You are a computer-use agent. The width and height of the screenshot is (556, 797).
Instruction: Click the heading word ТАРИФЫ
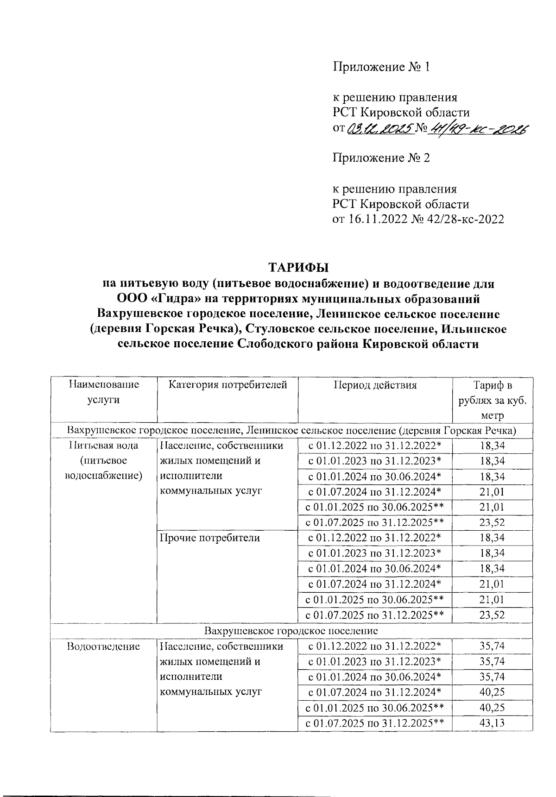(298, 268)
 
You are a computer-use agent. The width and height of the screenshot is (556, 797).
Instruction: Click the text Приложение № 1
(381, 68)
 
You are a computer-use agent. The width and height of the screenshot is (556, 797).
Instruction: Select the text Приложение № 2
(381, 158)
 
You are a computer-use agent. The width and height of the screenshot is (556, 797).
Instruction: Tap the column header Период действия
(375, 385)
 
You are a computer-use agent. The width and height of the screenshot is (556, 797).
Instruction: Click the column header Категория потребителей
(227, 385)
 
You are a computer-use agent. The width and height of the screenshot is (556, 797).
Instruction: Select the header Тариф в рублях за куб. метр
(492, 400)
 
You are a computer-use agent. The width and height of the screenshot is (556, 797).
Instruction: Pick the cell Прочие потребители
(209, 538)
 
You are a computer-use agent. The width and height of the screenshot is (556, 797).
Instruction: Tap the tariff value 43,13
(492, 723)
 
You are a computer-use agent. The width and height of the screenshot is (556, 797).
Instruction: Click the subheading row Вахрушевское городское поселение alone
(291, 631)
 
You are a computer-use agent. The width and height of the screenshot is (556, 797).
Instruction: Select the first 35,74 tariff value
(492, 646)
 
